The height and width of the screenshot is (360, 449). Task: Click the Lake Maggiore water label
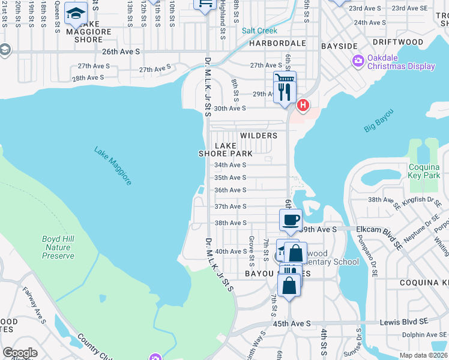point(113,165)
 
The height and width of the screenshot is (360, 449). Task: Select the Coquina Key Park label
point(424,171)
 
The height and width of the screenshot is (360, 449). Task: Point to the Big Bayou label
point(379,120)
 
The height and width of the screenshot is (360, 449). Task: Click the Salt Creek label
point(259,31)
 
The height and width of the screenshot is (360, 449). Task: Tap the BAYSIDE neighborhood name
point(339,46)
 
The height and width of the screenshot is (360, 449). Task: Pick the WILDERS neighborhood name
point(259,136)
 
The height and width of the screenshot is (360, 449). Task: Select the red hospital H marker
point(303,106)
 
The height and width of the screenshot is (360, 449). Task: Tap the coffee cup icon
point(291,220)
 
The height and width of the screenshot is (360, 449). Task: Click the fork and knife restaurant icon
point(285,92)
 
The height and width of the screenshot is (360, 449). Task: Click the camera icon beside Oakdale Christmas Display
point(359,61)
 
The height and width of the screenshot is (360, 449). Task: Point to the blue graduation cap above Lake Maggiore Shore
point(76,13)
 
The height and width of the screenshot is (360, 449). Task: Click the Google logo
point(20,353)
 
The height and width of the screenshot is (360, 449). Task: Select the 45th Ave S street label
point(291,323)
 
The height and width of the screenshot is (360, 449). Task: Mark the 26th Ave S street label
point(121,52)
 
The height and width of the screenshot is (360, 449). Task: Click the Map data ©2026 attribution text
point(424,355)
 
